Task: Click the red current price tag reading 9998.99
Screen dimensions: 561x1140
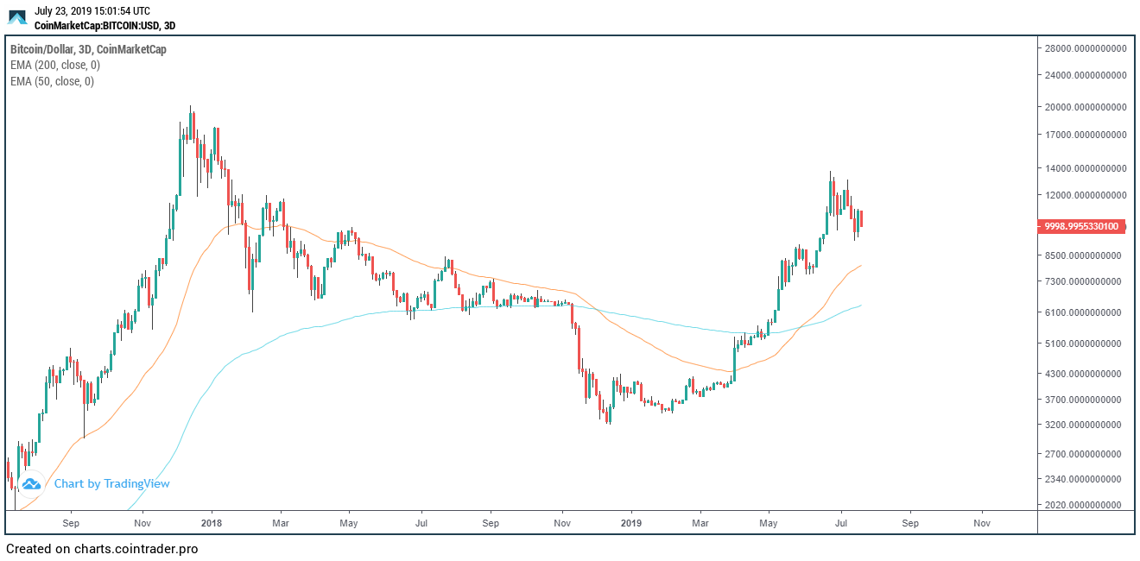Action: (1080, 227)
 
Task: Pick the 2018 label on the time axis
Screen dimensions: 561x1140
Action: (212, 523)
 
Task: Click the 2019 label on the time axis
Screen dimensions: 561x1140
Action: (631, 523)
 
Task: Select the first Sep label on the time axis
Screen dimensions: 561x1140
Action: (72, 523)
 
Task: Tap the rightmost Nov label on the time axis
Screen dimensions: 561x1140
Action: (981, 523)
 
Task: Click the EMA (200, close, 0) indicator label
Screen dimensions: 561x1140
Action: (55, 66)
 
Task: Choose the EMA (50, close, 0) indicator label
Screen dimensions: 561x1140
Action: (52, 82)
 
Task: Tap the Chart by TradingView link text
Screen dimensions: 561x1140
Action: (111, 484)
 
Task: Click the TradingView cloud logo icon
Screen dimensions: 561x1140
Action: (31, 484)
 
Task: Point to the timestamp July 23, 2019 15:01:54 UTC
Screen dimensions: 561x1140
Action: (92, 11)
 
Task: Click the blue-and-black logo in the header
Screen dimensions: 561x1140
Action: (17, 17)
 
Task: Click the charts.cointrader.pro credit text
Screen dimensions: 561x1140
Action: (102, 549)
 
